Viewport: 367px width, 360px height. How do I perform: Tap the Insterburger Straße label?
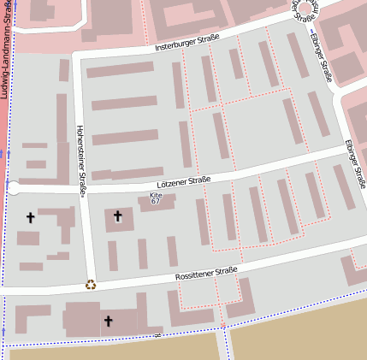[186, 43]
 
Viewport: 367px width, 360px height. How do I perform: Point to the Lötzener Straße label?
[184, 180]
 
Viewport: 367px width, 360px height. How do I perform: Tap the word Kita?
[155, 195]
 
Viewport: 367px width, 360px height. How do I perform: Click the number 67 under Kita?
[155, 202]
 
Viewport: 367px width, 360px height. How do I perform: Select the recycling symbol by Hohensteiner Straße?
[91, 285]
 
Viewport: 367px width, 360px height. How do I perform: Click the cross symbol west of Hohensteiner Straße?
[31, 218]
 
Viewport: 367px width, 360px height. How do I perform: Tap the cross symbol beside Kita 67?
[117, 216]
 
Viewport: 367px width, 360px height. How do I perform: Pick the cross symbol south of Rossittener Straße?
[108, 322]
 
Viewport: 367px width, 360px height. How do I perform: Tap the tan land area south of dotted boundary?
[299, 329]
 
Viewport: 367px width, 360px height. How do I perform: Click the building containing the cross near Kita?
[120, 220]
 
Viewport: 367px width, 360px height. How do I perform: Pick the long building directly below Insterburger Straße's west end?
[119, 69]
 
